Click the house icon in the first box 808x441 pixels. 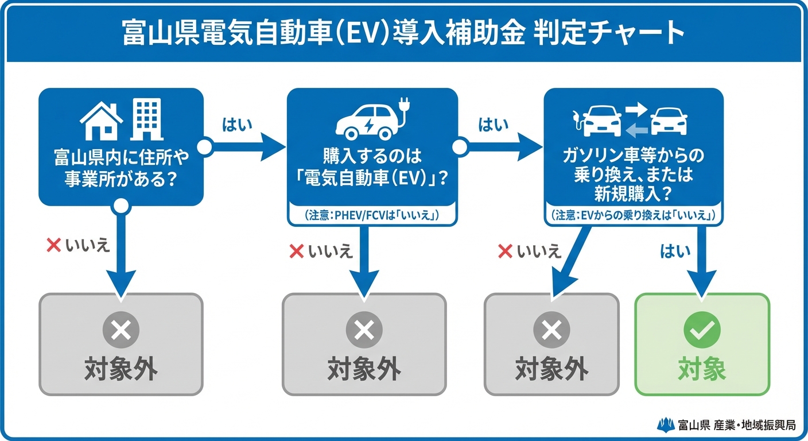point(102,122)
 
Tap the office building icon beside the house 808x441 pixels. point(146,119)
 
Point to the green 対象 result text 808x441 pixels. point(702,369)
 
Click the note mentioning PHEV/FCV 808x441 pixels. point(372,215)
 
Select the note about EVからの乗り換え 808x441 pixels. point(633,215)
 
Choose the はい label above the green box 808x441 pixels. point(675,251)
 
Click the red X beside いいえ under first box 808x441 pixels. point(53,246)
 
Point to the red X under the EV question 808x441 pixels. point(296,251)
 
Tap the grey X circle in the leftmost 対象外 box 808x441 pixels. point(121,330)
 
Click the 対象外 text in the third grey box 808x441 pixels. point(551,369)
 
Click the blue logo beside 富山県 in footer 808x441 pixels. point(666,425)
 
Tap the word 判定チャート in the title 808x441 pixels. point(609,33)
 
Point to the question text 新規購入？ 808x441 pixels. point(633,194)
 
